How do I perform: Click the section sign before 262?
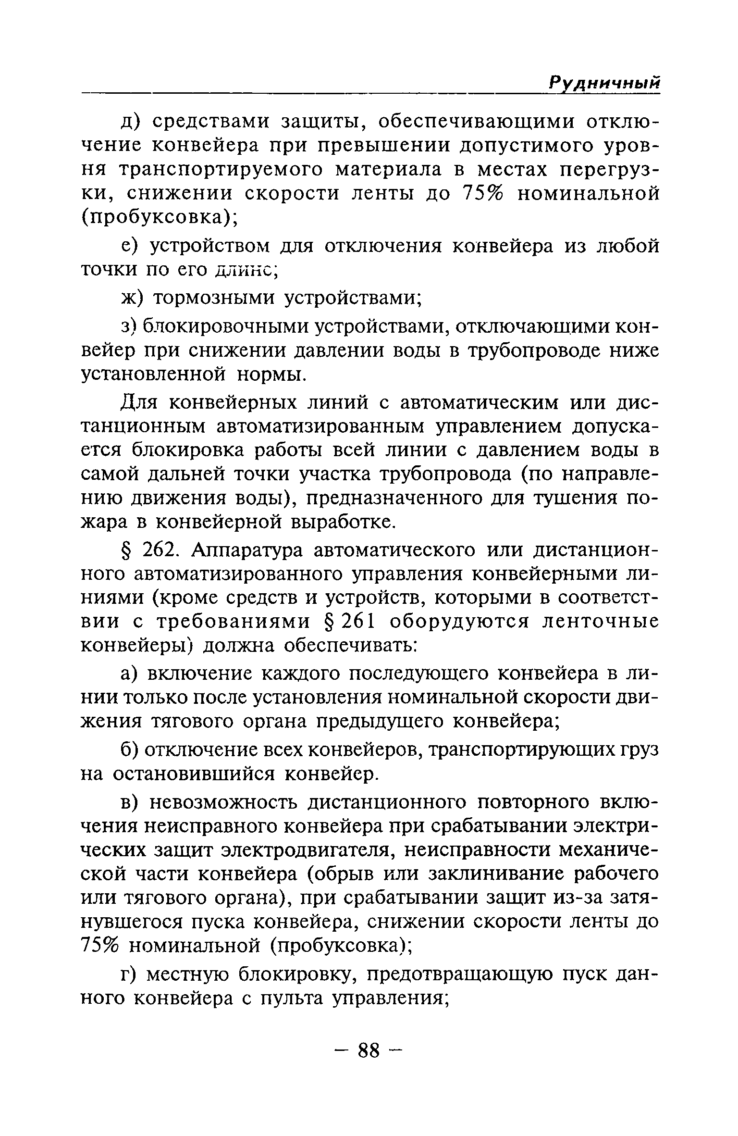click(x=126, y=551)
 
